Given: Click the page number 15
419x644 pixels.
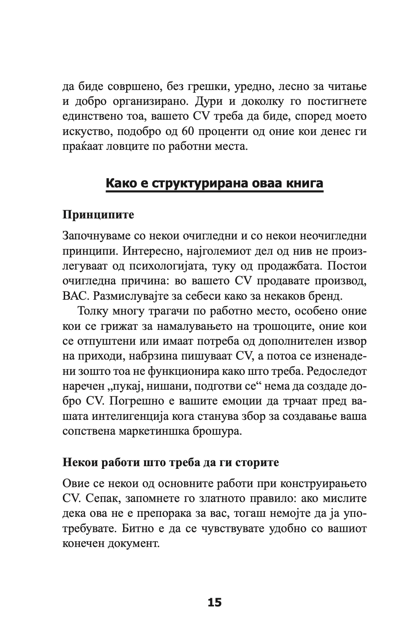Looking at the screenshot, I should pyautogui.click(x=214, y=602).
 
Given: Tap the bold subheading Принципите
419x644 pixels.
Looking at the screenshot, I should pyautogui.click(x=98, y=215).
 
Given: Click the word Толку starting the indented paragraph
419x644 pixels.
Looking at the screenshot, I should pyautogui.click(x=94, y=311).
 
